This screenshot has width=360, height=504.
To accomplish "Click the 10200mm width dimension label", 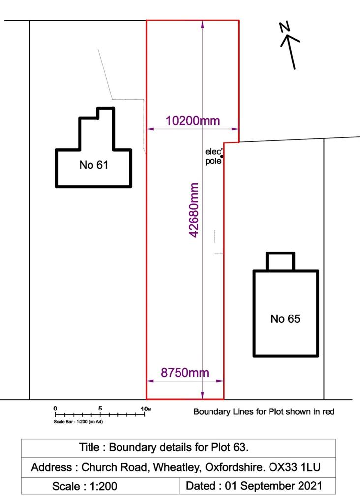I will tap(193, 121).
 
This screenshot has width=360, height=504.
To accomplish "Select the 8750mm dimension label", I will tap(185, 373).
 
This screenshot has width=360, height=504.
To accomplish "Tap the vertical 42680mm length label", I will tap(194, 210).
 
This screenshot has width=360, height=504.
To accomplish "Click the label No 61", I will tap(93, 165).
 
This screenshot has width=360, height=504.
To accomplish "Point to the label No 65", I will tap(285, 319).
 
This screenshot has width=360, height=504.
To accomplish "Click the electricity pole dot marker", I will tap(222, 156).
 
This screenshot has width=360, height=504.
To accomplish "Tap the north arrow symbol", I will tap(291, 49).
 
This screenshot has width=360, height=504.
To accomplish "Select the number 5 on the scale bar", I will tap(100, 408).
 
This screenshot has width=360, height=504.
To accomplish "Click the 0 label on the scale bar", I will tap(55, 408).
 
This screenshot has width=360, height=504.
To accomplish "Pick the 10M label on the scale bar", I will tap(146, 409).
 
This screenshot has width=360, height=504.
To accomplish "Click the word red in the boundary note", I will tap(328, 411).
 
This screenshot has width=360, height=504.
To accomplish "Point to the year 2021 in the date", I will tap(309, 486).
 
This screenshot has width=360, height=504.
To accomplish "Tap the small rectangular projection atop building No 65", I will tap(280, 261).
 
